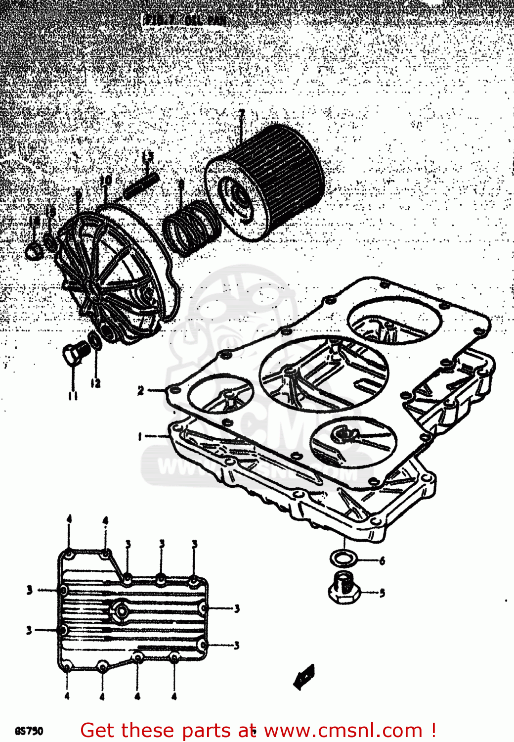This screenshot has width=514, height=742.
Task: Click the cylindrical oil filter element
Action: pos(267,183)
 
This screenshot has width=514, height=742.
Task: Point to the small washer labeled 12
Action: pos(94,341)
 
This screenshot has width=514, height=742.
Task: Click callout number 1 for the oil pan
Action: pos(140,436)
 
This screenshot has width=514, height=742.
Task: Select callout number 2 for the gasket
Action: pos(141,391)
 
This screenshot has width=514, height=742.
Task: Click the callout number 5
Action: pos(382,592)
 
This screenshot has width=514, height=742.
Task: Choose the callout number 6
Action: pos(382,561)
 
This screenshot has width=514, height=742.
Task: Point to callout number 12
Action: pos(95,383)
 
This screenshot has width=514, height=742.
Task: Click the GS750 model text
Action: pos(29,731)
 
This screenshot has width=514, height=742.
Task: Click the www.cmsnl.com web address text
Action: pos(343,730)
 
